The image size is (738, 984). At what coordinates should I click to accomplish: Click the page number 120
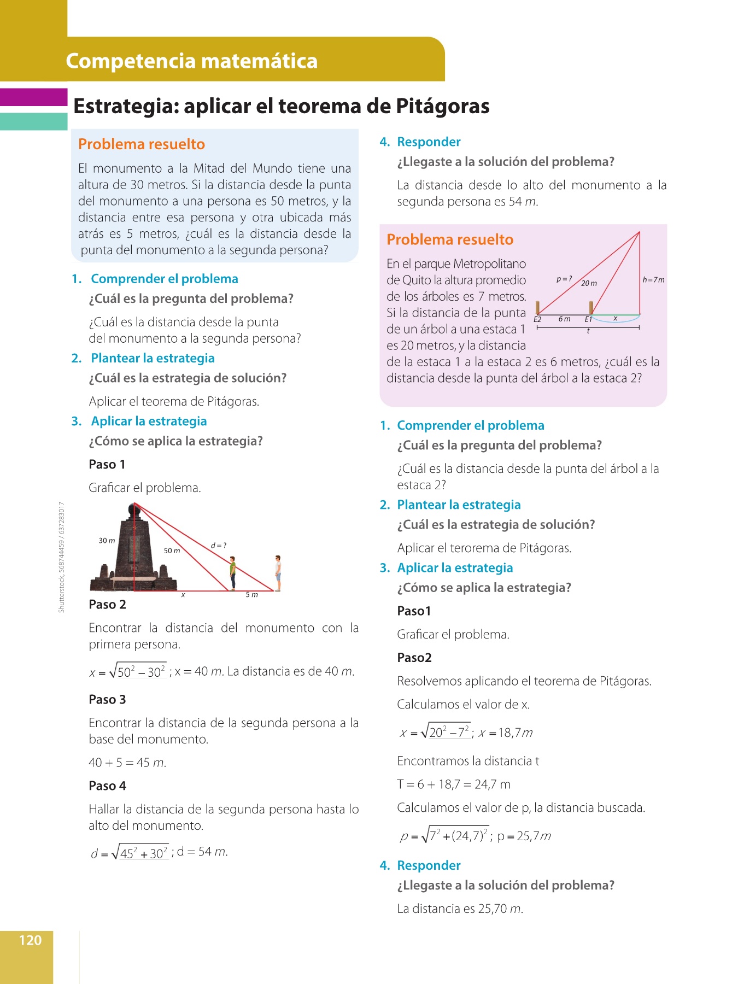[x=30, y=940]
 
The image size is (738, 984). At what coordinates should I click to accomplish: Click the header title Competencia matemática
[x=191, y=61]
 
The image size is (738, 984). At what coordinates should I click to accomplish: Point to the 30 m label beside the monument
[x=107, y=541]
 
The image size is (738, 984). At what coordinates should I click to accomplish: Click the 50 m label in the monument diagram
[x=172, y=550]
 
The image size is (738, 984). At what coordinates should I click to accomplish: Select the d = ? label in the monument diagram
[x=219, y=545]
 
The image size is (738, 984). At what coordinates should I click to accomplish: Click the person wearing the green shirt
[x=233, y=573]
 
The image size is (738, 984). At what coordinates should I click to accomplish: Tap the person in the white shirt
[x=278, y=572]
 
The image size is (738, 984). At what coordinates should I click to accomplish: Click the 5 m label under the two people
[x=251, y=595]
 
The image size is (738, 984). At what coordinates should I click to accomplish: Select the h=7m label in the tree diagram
[x=653, y=280]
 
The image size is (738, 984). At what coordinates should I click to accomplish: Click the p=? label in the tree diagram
[x=564, y=279]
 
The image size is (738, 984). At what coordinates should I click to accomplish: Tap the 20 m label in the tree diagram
[x=589, y=283]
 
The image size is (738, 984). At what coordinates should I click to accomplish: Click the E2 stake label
[x=537, y=319]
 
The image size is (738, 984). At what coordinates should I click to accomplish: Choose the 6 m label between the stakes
[x=564, y=319]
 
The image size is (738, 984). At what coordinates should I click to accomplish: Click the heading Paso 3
[x=107, y=700]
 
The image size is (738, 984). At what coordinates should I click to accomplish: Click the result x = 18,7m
[x=505, y=733]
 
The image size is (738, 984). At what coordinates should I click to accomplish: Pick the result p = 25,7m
[x=524, y=836]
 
